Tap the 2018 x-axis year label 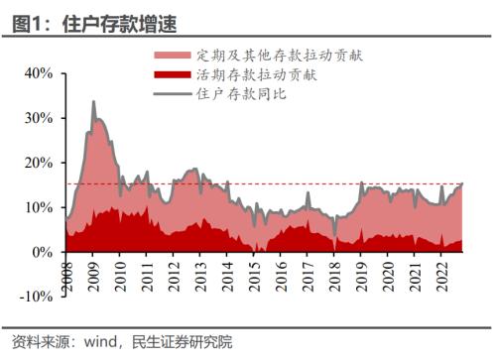[335, 275]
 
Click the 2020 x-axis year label [389, 275]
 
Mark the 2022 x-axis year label [442, 275]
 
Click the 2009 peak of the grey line [93, 101]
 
